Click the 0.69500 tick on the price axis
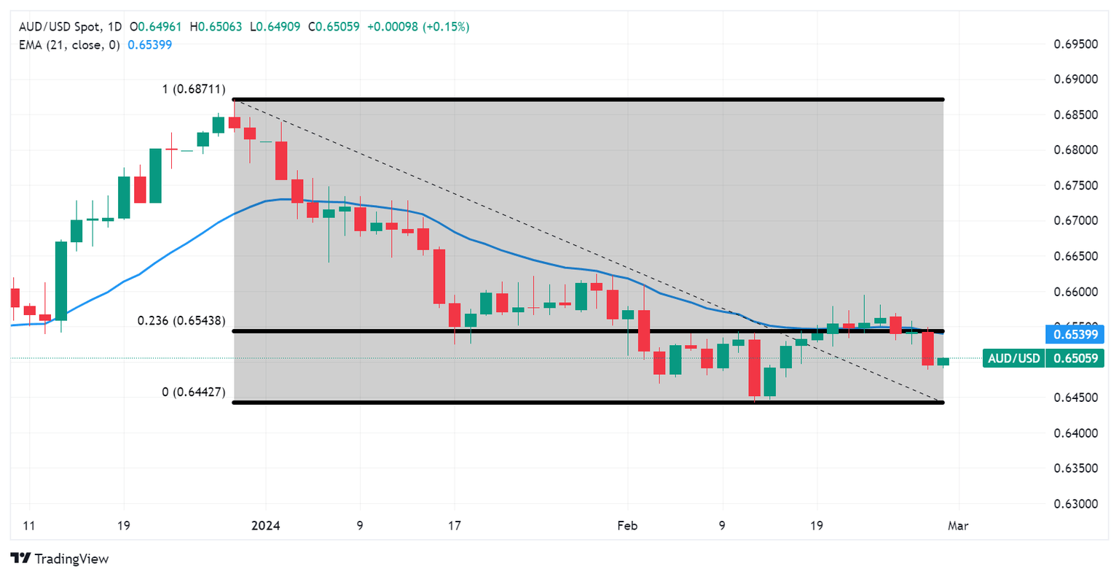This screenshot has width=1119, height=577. pos(1076,44)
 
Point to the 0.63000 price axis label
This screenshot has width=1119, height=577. pos(1076,504)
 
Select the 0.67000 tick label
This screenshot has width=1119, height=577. pos(1076,221)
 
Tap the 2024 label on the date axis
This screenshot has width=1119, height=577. pos(265,526)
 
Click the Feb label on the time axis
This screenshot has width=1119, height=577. pos(627,526)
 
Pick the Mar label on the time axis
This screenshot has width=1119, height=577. pos(958,526)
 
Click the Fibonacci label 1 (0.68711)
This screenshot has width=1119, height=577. pos(194,90)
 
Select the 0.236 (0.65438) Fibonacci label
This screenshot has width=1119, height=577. pos(181,321)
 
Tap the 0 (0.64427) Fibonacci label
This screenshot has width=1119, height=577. pos(194,392)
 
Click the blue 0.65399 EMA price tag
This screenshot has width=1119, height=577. pos(1075,335)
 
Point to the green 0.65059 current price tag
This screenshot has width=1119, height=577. pos(1075,358)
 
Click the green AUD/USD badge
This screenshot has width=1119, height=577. pos(1013,358)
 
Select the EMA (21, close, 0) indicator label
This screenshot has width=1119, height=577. pos(69,44)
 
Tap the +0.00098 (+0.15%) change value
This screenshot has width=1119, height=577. pos(417,27)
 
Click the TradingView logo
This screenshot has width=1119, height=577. pos(60,559)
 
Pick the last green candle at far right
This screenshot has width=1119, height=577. pos(943,361)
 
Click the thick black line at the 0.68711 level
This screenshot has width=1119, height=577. pos(583,99)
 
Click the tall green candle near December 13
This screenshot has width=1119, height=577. pos(61,281)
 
